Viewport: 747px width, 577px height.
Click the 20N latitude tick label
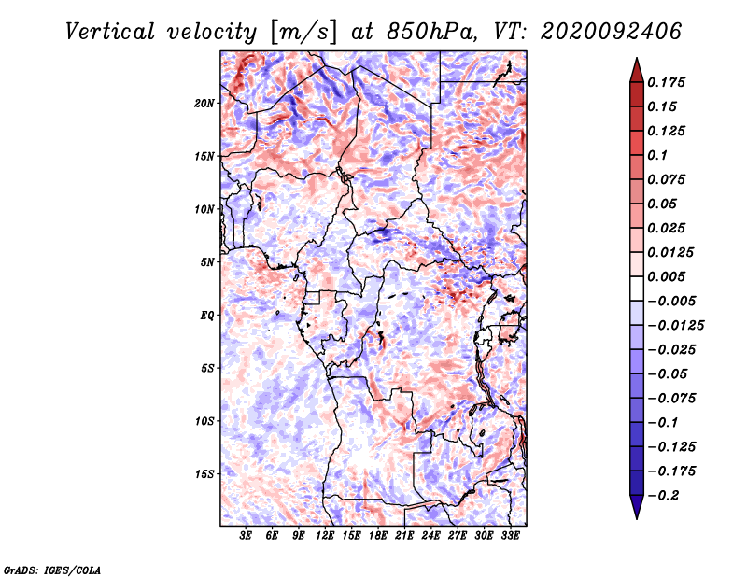coord(204,104)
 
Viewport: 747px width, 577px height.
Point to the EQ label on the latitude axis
coord(206,316)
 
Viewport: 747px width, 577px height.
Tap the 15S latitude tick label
coord(204,474)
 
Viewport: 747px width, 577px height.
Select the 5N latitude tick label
coord(207,262)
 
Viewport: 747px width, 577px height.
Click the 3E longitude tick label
coord(246,536)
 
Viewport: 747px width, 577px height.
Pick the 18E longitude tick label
coord(378,536)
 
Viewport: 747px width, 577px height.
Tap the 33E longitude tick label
coord(510,536)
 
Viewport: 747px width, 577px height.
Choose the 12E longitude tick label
coord(325,536)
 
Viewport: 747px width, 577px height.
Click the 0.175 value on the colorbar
coord(666,82)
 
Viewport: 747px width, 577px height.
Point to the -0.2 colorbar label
coord(663,496)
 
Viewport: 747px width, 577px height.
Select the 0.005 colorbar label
coord(666,276)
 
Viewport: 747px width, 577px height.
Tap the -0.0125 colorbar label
coord(675,326)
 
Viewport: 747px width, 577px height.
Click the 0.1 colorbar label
coord(657,155)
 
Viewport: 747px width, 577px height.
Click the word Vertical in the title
coord(109,32)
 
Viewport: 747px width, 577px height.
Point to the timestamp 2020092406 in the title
coord(611,32)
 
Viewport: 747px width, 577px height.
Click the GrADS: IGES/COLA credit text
coord(52,570)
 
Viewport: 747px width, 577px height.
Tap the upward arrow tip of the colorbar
coord(637,58)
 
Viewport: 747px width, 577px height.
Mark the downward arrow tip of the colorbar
coord(637,518)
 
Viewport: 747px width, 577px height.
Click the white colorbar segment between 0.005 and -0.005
coord(637,288)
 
